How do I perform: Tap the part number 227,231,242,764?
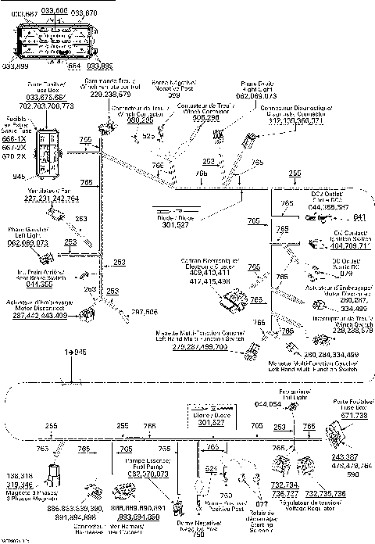pos(52,199)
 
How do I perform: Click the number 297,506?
pos(145,312)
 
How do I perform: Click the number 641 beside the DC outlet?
pos(359,217)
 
